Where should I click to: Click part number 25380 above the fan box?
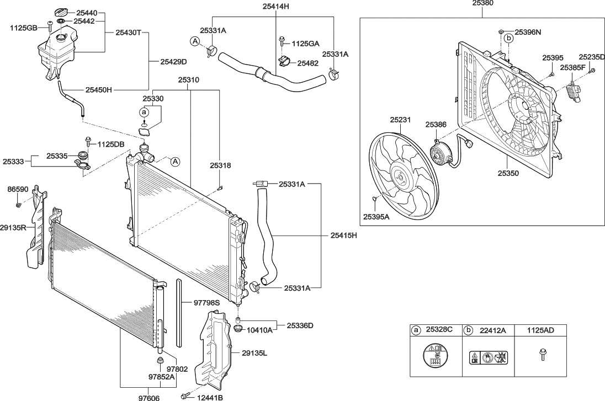[483, 3]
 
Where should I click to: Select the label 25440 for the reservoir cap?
[87, 12]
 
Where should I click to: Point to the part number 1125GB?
[24, 27]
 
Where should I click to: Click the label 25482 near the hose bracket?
[308, 63]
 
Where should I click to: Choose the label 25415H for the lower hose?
[344, 236]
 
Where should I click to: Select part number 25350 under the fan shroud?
[508, 173]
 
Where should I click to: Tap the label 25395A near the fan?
[376, 217]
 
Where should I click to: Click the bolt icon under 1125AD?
[541, 355]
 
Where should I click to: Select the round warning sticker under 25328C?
[434, 356]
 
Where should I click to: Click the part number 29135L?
[254, 353]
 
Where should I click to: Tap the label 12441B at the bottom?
[209, 396]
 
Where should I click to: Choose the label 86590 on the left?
[18, 189]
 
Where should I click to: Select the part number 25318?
[220, 165]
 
